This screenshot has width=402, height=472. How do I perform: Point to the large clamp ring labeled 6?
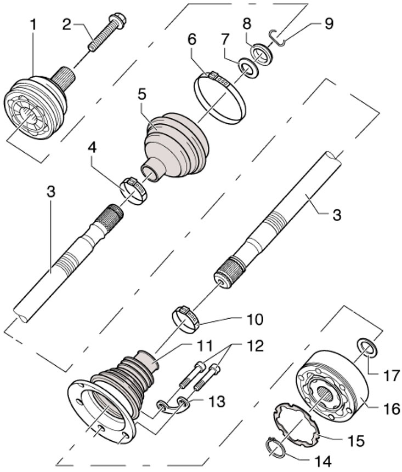pyautogui.click(x=219, y=98)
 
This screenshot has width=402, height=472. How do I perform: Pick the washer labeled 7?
pyautogui.click(x=248, y=68)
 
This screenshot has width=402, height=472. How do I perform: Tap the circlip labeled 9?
pyautogui.click(x=278, y=38)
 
